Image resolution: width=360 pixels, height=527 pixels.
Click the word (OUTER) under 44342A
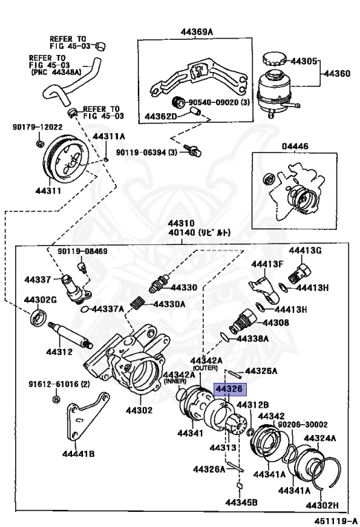[x=204, y=368]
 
